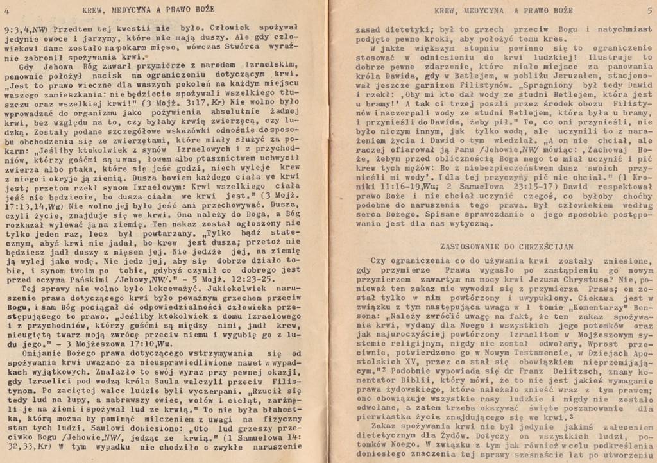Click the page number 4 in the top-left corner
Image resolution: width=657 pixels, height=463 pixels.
6,9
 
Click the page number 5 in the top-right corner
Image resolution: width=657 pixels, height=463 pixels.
649,10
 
